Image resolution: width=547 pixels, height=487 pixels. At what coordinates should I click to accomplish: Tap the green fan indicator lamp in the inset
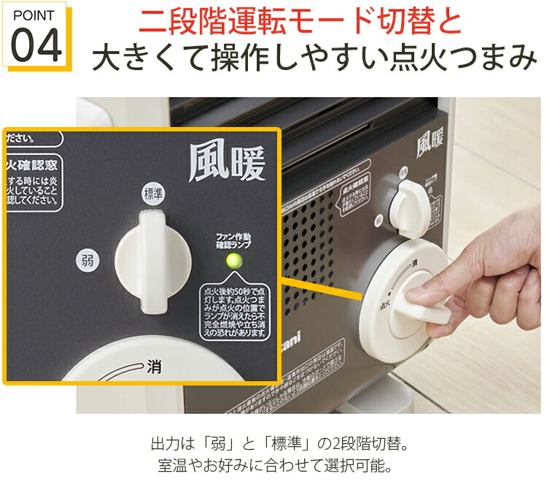pyautogui.click(x=234, y=261)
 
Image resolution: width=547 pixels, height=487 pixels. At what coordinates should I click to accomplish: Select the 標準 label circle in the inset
pyautogui.click(x=152, y=193)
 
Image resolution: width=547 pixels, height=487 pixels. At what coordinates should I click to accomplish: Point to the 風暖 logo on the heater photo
pyautogui.click(x=430, y=142)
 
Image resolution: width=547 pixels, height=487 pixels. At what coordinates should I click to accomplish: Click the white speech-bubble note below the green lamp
pyautogui.click(x=234, y=310)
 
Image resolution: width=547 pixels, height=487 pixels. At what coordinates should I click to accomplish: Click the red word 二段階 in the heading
pyautogui.click(x=192, y=22)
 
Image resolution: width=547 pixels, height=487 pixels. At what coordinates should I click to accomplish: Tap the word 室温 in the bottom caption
pyautogui.click(x=171, y=464)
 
